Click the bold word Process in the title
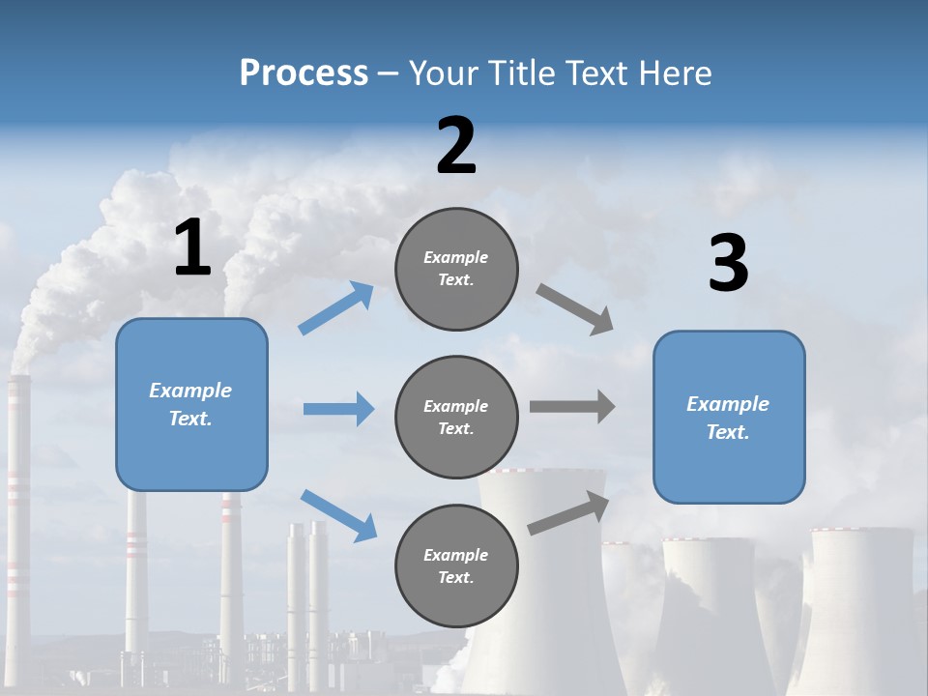tap(304, 72)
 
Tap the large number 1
tap(192, 248)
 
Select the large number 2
tap(456, 147)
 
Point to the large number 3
tap(728, 264)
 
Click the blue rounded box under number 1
tap(191, 404)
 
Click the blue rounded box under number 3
tap(729, 417)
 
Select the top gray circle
tap(456, 269)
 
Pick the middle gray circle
tap(456, 417)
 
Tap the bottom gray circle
tap(456, 565)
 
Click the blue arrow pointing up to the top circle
tap(336, 307)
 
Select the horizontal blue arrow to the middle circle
tap(338, 409)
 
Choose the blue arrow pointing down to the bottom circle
tap(338, 514)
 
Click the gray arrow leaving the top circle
tap(574, 307)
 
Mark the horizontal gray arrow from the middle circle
tap(571, 407)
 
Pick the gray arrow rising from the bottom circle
tap(568, 513)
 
